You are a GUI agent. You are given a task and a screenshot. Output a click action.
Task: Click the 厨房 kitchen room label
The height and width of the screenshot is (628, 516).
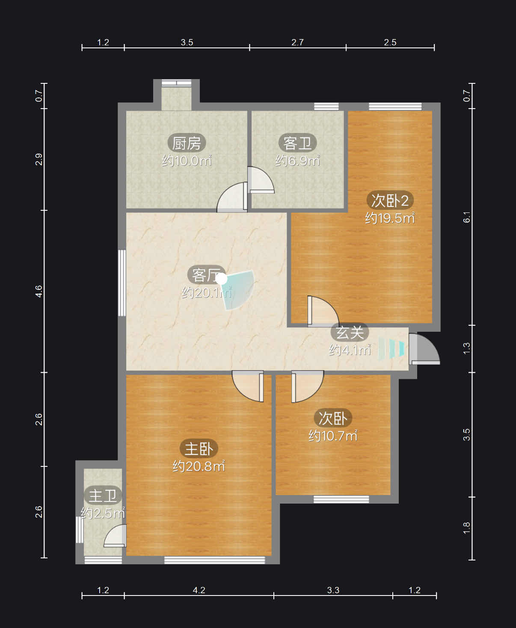tap(187, 143)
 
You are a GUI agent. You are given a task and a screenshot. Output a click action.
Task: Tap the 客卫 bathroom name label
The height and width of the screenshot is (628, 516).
tap(297, 143)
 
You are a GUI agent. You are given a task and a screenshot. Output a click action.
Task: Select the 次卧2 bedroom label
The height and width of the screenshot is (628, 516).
tap(390, 200)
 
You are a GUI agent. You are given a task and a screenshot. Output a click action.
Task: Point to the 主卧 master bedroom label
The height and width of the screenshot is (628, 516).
tap(199, 448)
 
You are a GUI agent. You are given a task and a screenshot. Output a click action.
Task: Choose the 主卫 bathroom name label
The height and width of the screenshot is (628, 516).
tap(103, 496)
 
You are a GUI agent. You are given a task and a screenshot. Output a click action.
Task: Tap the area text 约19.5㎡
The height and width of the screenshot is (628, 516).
tap(390, 218)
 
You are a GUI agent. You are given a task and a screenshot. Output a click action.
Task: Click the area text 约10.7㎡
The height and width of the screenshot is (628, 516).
tap(333, 436)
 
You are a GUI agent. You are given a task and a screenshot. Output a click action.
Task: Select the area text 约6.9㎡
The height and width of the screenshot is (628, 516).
tap(297, 161)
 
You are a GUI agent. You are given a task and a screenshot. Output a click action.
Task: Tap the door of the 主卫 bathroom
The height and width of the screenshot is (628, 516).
tap(115, 536)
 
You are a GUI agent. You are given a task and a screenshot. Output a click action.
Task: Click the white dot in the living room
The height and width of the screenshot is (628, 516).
tap(221, 279)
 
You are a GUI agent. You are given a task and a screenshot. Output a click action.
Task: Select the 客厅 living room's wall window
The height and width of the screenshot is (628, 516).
tap(122, 283)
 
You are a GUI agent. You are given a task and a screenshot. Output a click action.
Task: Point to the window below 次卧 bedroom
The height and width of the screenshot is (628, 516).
tap(341, 499)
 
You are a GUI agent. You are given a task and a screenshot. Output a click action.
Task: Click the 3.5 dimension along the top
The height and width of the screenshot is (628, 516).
tap(187, 42)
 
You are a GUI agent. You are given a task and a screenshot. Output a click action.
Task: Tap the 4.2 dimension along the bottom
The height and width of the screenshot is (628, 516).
tap(199, 590)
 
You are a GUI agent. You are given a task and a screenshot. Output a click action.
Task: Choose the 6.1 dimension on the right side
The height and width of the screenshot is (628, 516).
tap(466, 217)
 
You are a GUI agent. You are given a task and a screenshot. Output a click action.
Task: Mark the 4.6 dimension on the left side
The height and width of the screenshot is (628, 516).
tap(39, 291)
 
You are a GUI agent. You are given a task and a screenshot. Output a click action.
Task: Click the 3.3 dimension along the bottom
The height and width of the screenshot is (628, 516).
tap(333, 590)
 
